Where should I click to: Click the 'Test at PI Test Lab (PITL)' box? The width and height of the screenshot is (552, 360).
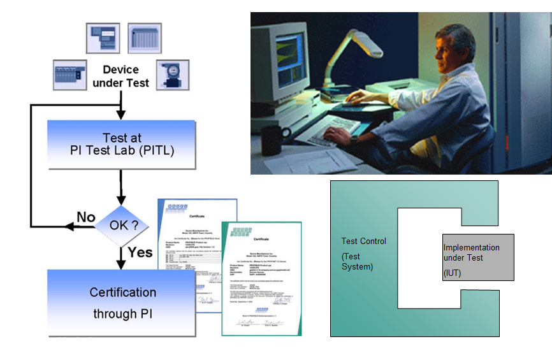[122, 145]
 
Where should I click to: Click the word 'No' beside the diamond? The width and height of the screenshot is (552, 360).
[86, 217]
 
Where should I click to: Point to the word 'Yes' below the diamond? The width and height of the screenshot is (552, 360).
[140, 252]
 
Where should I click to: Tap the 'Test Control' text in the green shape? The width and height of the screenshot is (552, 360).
[363, 241]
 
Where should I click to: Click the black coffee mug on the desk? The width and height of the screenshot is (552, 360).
[275, 140]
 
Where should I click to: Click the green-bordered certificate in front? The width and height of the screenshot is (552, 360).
[261, 278]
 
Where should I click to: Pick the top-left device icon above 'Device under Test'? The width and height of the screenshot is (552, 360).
[103, 38]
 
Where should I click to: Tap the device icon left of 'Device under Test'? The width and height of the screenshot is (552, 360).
[69, 75]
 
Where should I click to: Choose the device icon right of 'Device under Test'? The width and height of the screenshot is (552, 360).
[172, 75]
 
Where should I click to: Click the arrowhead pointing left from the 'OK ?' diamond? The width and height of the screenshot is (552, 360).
[67, 226]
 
